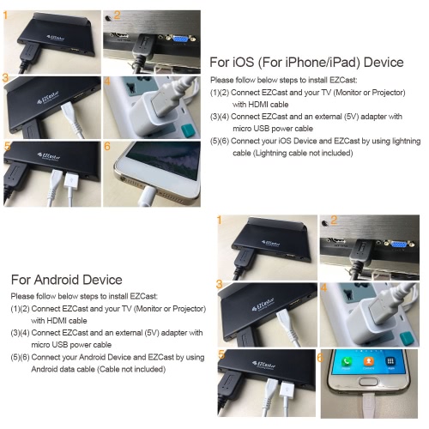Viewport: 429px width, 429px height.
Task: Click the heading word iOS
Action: coord(243,63)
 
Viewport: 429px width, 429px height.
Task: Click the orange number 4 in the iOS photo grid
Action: coord(107,82)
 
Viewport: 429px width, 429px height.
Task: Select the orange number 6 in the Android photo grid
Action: coord(320,358)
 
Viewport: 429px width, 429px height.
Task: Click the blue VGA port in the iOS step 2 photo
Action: coord(179,39)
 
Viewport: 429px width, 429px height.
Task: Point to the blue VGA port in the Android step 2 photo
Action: coord(398,245)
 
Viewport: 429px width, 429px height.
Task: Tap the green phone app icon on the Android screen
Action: coord(347,361)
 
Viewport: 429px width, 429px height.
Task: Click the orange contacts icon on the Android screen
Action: coord(368,361)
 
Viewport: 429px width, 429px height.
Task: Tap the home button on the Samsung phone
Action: coord(369,382)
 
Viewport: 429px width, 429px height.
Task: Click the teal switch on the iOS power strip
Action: coord(189,130)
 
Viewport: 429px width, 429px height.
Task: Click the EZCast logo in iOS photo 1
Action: coord(55,38)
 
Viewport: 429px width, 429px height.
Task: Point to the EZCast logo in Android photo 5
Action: coord(264,365)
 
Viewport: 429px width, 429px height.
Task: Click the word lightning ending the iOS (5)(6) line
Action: coord(407,141)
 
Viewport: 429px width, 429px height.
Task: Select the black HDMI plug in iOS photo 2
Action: coord(144,47)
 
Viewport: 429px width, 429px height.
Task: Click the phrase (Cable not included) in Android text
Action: coord(131,369)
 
